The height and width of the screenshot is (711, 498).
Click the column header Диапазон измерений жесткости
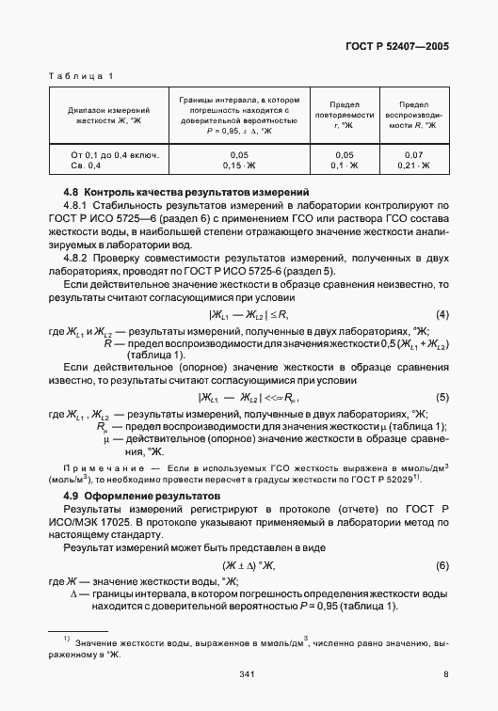point(104,115)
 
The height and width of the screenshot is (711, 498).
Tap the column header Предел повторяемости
point(345,115)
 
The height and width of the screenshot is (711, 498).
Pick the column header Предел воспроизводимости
point(414,115)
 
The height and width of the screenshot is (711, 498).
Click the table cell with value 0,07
point(414,155)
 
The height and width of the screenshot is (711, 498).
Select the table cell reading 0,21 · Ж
point(414,166)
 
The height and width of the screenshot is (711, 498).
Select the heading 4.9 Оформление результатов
point(140,495)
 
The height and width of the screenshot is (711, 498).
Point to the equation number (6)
point(442,565)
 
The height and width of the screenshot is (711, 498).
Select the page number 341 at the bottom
point(249,673)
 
